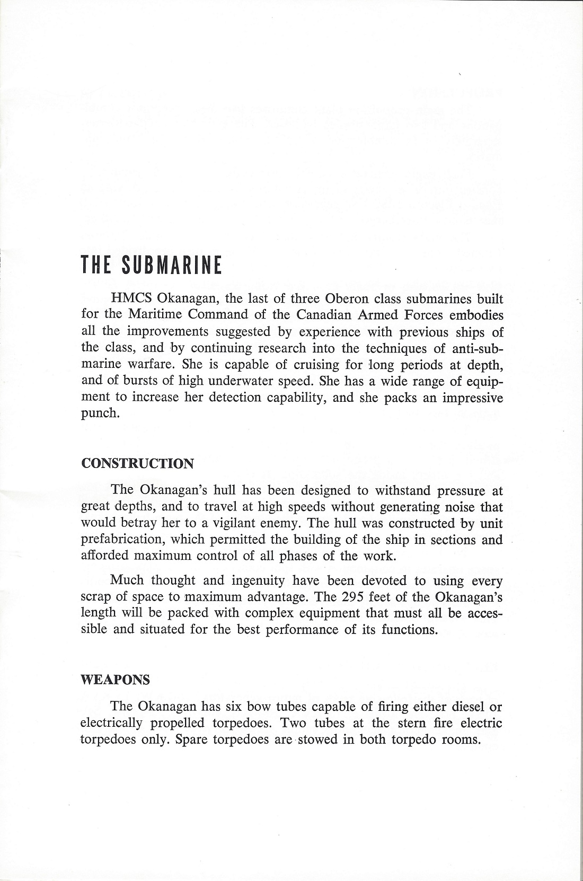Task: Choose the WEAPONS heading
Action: [x=114, y=680]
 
